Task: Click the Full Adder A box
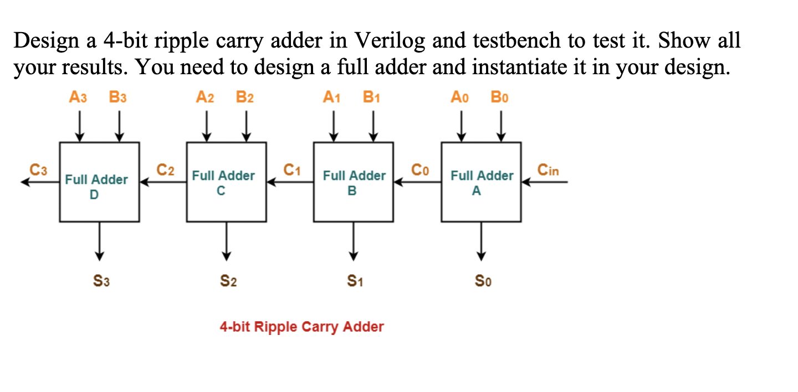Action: pos(481,182)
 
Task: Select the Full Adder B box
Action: pos(354,182)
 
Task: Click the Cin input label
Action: pos(548,170)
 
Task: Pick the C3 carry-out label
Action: pos(38,170)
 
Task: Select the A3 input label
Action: pos(78,98)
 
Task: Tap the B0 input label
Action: pos(499,98)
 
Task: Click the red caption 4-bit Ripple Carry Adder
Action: pos(301,327)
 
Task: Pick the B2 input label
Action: pos(244,98)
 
